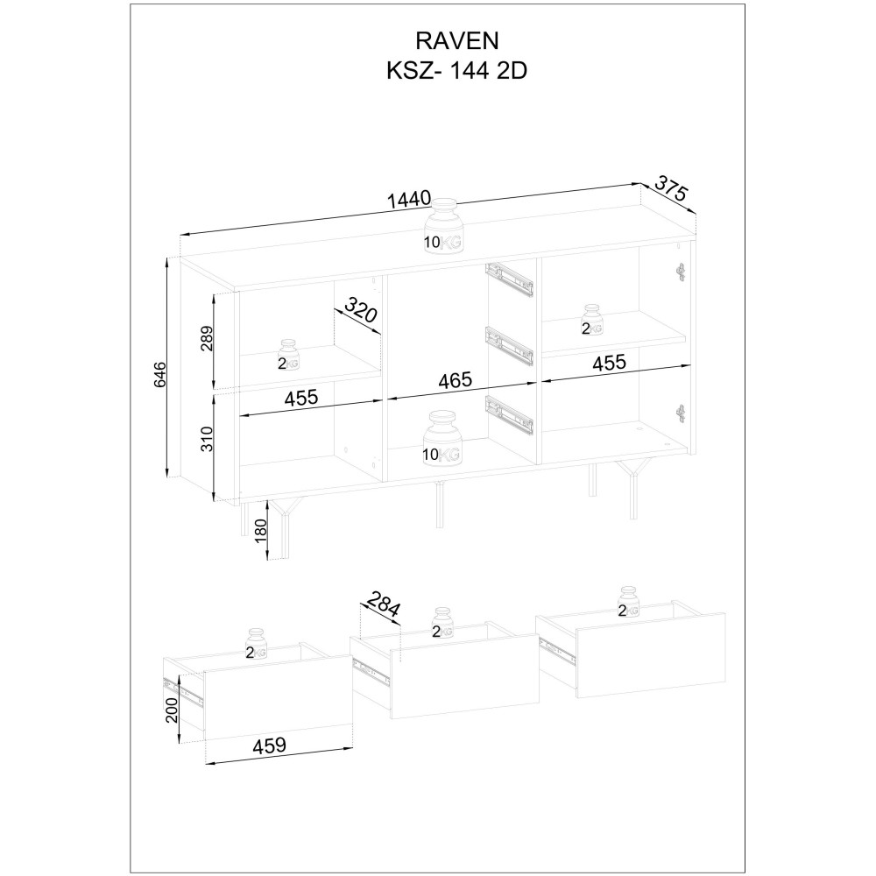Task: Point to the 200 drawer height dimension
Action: pyautogui.click(x=173, y=710)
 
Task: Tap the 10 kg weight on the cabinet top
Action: pyautogui.click(x=444, y=227)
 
